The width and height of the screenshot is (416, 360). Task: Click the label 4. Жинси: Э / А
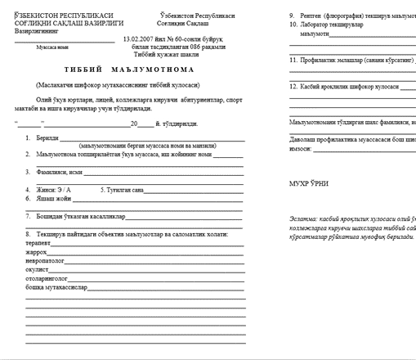pos(54,190)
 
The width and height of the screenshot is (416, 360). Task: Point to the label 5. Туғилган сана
pos(122,190)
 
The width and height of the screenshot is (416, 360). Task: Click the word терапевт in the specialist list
pos(38,244)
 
